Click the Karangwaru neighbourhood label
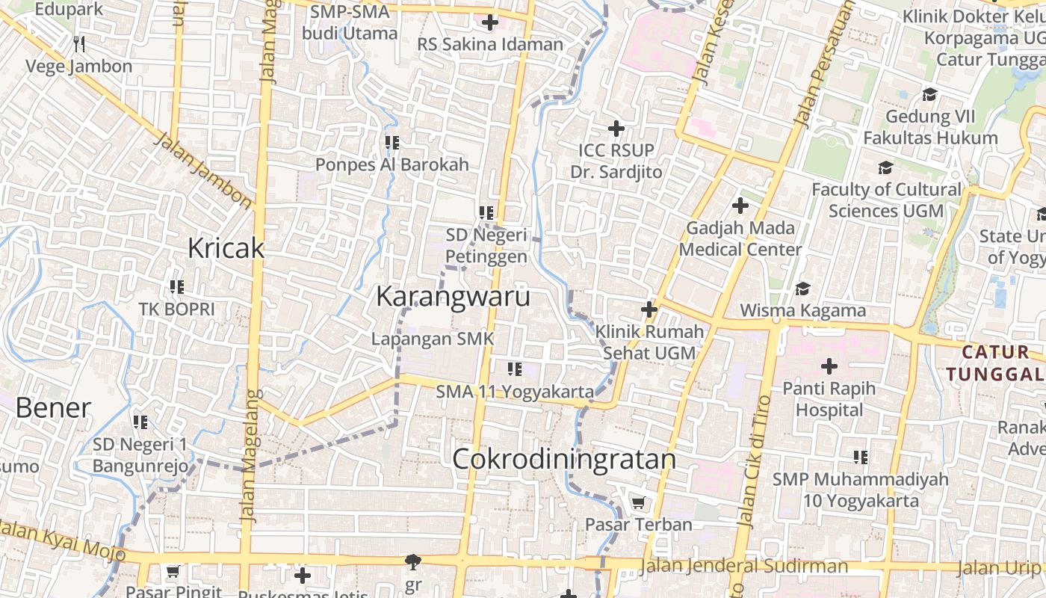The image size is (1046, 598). (453, 297)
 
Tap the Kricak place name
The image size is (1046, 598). (226, 248)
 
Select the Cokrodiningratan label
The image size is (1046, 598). (564, 459)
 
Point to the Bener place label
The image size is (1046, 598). (53, 408)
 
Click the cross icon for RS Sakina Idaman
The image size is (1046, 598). (490, 23)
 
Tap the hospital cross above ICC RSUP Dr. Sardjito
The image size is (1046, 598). (616, 129)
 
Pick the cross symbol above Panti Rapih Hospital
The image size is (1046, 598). (829, 366)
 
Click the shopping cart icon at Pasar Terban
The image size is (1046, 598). (638, 503)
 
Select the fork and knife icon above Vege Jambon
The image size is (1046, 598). (80, 44)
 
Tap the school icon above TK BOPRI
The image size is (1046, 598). (176, 286)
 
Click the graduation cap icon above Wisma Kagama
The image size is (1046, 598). (802, 289)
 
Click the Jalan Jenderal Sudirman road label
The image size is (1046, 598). (745, 567)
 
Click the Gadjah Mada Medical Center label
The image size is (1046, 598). (740, 238)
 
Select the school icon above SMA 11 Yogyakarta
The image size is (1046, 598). (514, 369)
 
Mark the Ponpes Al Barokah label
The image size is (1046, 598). (392, 164)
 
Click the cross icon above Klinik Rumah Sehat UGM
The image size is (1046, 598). (649, 309)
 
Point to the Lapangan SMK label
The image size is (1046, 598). (433, 339)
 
